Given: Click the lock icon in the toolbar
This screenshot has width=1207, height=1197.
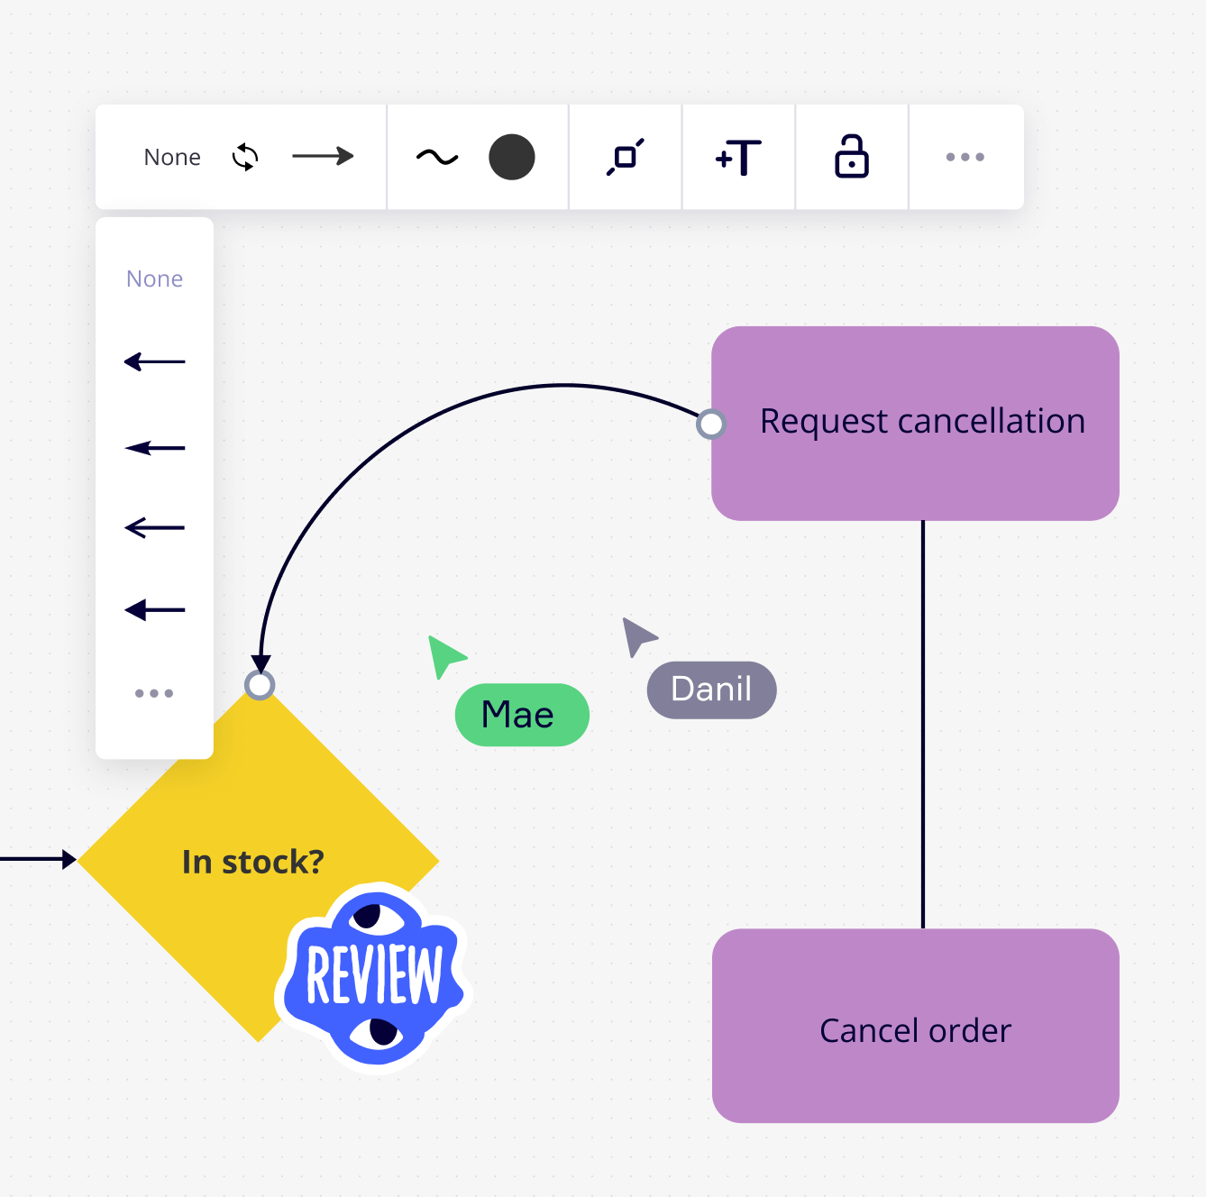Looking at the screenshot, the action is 851,157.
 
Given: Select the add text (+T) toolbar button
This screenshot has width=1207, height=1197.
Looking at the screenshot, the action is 738,157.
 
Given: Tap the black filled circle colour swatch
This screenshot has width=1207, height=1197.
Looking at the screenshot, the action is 512,157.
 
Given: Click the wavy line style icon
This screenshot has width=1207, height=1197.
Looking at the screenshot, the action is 437,157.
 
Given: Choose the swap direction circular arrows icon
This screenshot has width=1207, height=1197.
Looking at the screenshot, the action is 245,157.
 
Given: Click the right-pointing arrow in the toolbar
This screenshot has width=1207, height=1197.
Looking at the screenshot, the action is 324,156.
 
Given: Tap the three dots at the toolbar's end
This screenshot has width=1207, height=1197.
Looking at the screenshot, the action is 965,157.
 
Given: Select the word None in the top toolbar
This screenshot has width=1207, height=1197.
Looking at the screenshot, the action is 172,157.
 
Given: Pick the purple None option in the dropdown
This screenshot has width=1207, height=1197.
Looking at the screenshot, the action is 155,279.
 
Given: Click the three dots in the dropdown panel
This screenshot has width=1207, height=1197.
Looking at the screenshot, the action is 154,693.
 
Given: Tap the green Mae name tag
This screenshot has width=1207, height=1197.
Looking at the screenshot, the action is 522,715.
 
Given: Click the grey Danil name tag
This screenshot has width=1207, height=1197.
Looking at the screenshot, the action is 711,690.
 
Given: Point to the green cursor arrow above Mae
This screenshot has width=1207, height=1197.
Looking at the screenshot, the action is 445,656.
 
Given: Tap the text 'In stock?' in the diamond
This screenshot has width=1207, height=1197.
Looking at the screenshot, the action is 253,862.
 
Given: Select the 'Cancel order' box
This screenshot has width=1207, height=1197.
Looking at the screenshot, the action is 915,1027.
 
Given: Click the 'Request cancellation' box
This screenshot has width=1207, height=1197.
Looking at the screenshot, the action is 915,424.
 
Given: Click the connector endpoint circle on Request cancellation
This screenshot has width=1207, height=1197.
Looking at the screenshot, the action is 711,424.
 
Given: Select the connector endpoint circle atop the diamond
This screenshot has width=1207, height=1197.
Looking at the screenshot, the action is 260,685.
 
